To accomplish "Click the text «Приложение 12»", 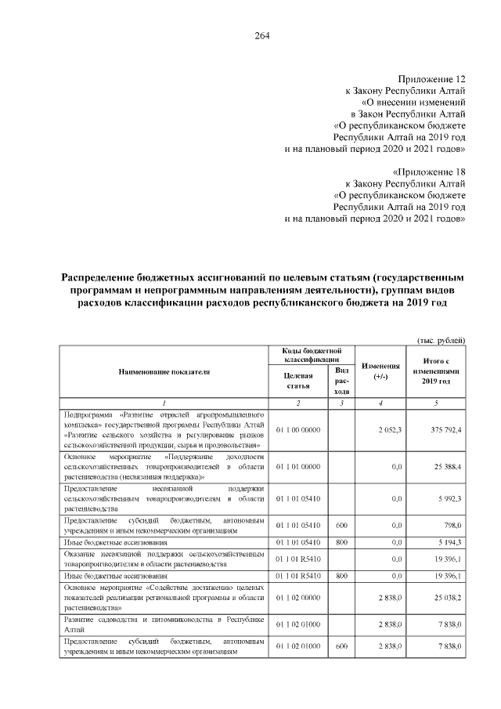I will coord(432,79).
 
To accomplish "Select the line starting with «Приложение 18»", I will coord(428,172).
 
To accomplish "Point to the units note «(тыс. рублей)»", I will coord(441,339).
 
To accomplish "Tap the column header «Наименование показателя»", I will coord(164,371).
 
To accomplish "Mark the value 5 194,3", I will coord(449,542).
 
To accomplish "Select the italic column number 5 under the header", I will coord(436,403).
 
